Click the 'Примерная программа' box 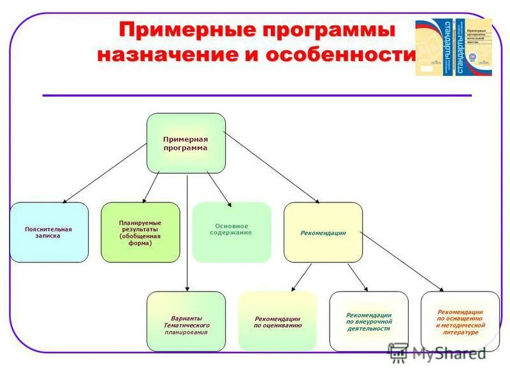click(186, 143)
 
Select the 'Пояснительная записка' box click(49, 232)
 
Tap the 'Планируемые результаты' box click(140, 232)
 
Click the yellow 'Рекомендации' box click(323, 232)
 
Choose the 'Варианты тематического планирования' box click(186, 322)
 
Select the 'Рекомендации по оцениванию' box click(277, 322)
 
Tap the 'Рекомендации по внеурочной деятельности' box click(368, 322)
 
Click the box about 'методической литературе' click(460, 322)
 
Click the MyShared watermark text click(449, 353)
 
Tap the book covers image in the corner click(453, 47)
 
